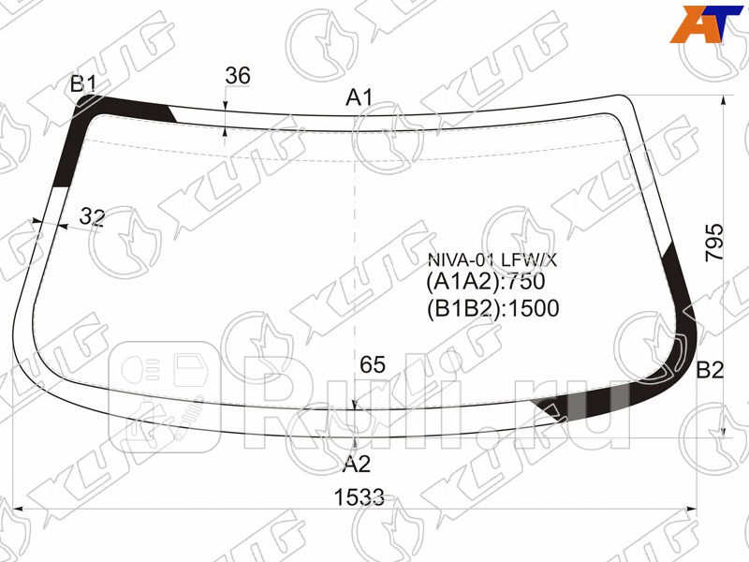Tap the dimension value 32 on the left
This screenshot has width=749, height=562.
click(x=92, y=217)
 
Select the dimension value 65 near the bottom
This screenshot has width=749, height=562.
click(x=372, y=365)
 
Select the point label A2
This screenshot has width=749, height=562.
click(x=357, y=463)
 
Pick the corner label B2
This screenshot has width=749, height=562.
click(x=710, y=370)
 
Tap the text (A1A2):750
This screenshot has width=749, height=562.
click(x=485, y=282)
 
